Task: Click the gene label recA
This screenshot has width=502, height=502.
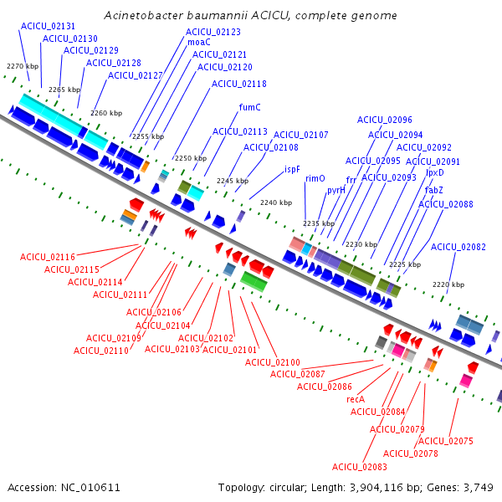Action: pyautogui.click(x=356, y=399)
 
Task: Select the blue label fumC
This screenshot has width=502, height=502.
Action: pyautogui.click(x=249, y=107)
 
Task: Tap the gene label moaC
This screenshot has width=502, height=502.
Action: pyautogui.click(x=199, y=43)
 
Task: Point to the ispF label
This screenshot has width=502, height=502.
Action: pyautogui.click(x=292, y=169)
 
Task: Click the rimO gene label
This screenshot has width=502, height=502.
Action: pyautogui.click(x=315, y=178)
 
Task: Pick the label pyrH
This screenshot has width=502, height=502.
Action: pyautogui.click(x=336, y=190)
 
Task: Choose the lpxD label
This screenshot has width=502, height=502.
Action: pyautogui.click(x=435, y=172)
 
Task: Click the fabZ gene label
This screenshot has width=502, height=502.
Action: pyautogui.click(x=433, y=190)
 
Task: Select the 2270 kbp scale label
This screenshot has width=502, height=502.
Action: pyautogui.click(x=23, y=66)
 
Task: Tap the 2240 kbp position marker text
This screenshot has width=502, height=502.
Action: pyautogui.click(x=276, y=202)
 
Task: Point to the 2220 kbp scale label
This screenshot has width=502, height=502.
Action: pyautogui.click(x=448, y=284)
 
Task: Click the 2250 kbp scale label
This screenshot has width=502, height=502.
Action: pyautogui.click(x=191, y=158)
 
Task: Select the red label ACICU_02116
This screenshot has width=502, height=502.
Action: pyautogui.click(x=48, y=257)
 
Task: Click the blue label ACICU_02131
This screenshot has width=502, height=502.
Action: pyautogui.click(x=48, y=26)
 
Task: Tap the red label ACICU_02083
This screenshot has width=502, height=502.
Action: pyautogui.click(x=360, y=467)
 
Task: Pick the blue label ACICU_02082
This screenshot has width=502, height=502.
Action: pyautogui.click(x=458, y=247)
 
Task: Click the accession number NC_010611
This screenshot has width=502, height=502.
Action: pyautogui.click(x=90, y=488)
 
